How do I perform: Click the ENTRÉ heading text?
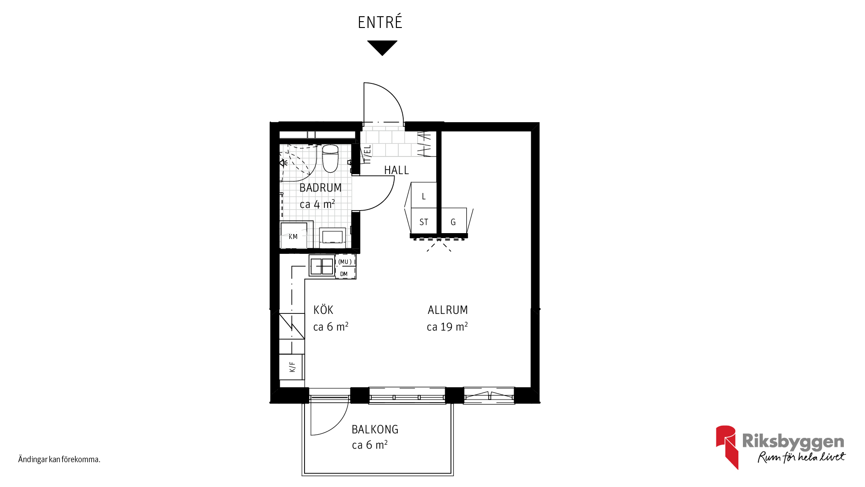point(380,22)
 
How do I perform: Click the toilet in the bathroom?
point(330,158)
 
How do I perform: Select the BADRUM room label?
point(320,188)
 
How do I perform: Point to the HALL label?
point(396,170)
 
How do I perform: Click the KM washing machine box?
point(294,235)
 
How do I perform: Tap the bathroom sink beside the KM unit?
point(332,237)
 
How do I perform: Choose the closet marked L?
point(423,195)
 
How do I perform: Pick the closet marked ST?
point(424,221)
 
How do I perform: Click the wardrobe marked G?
point(453,221)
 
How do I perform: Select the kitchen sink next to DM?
point(322,266)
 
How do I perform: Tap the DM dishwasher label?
point(344,274)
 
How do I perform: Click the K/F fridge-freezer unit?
point(292,367)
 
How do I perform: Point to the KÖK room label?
point(323,310)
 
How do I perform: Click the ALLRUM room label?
point(448,310)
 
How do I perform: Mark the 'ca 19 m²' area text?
point(447,327)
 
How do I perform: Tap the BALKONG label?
point(375,429)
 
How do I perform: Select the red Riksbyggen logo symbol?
point(726,447)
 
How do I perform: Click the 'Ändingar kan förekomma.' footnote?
point(59,459)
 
